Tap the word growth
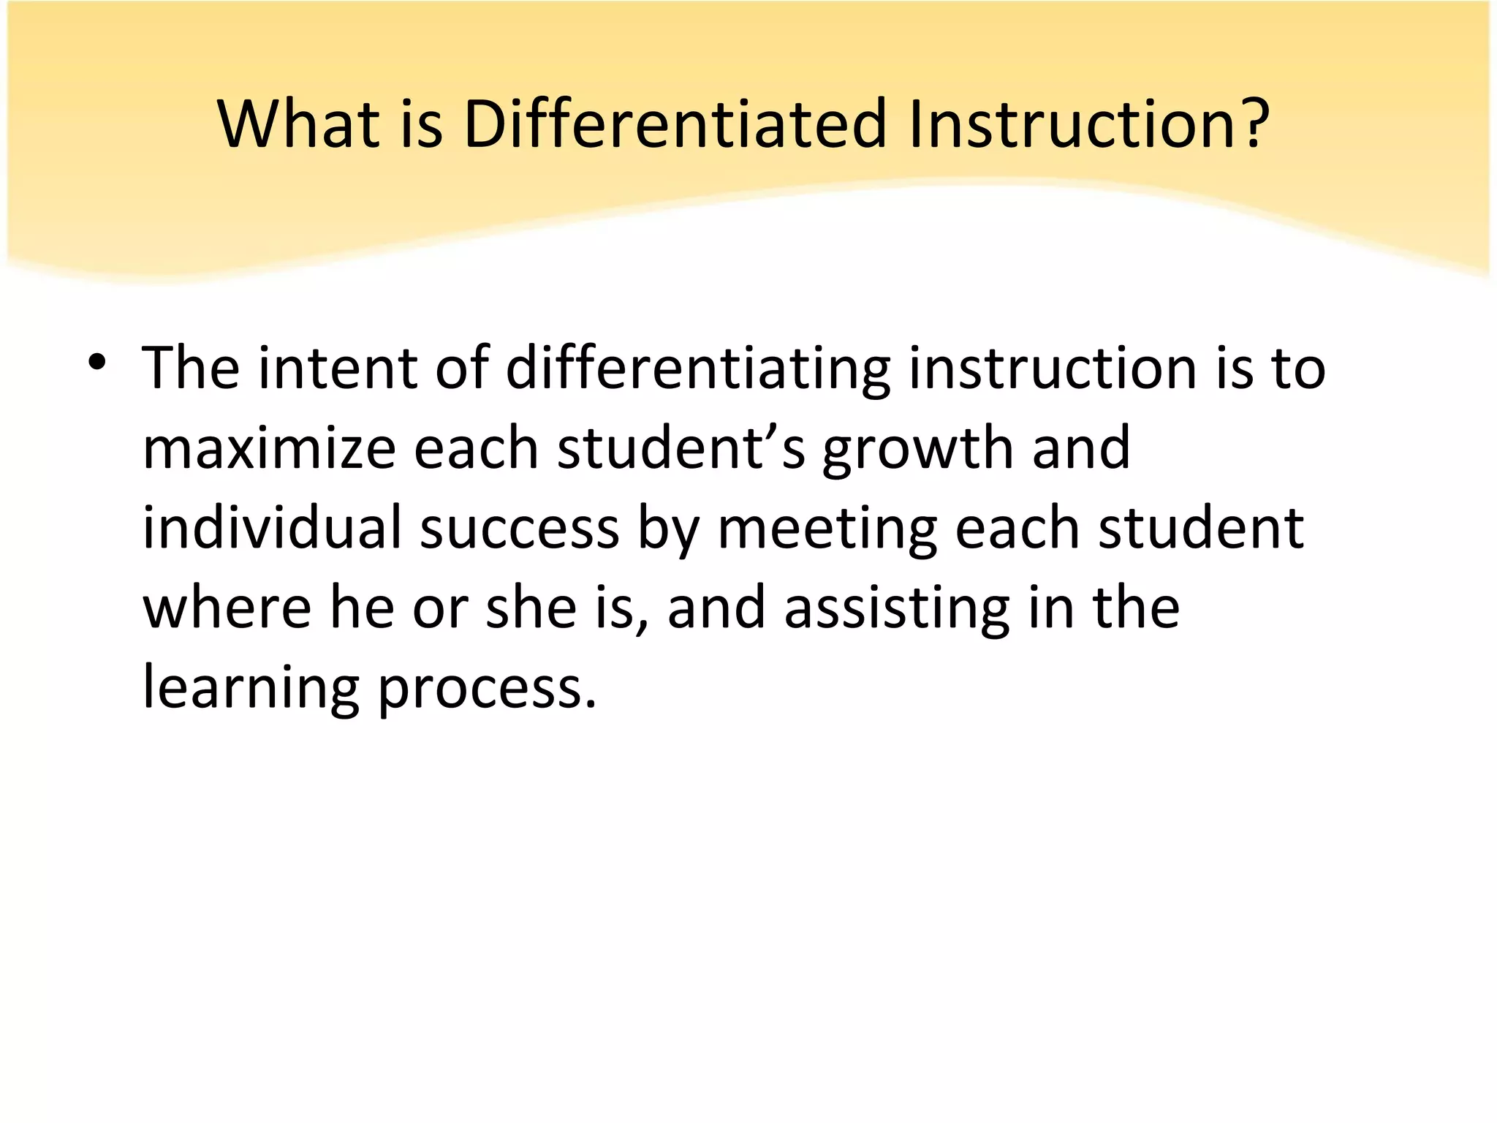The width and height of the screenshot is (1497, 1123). tap(917, 450)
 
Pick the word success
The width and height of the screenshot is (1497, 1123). tap(520, 529)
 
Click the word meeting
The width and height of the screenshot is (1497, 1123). tap(827, 529)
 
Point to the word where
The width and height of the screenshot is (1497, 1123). tap(227, 608)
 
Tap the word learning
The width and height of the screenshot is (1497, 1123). tap(251, 689)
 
